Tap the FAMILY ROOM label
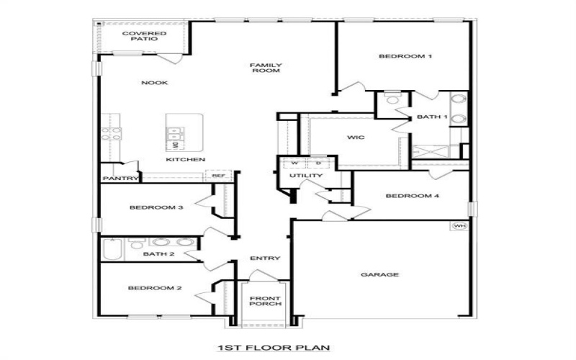(x=266, y=68)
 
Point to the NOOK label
(x=154, y=83)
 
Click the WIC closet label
(x=356, y=138)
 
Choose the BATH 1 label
(x=433, y=117)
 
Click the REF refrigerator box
(x=216, y=175)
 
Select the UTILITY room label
(x=306, y=176)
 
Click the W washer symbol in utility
(x=294, y=163)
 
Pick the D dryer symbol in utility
(x=318, y=163)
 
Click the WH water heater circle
(x=459, y=226)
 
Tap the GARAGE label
(x=380, y=274)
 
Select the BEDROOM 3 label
(x=156, y=208)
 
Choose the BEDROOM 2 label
(x=155, y=289)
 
